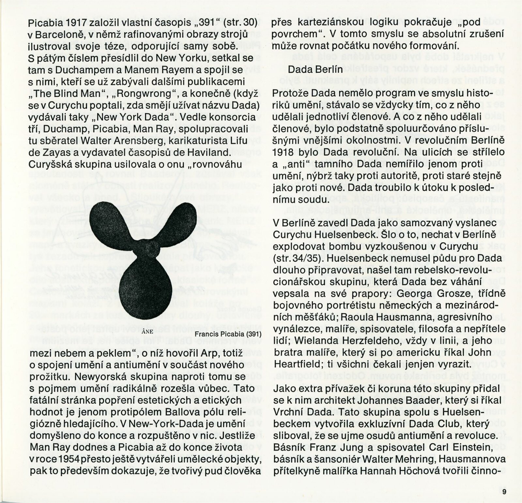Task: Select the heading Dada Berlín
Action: point(315,69)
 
